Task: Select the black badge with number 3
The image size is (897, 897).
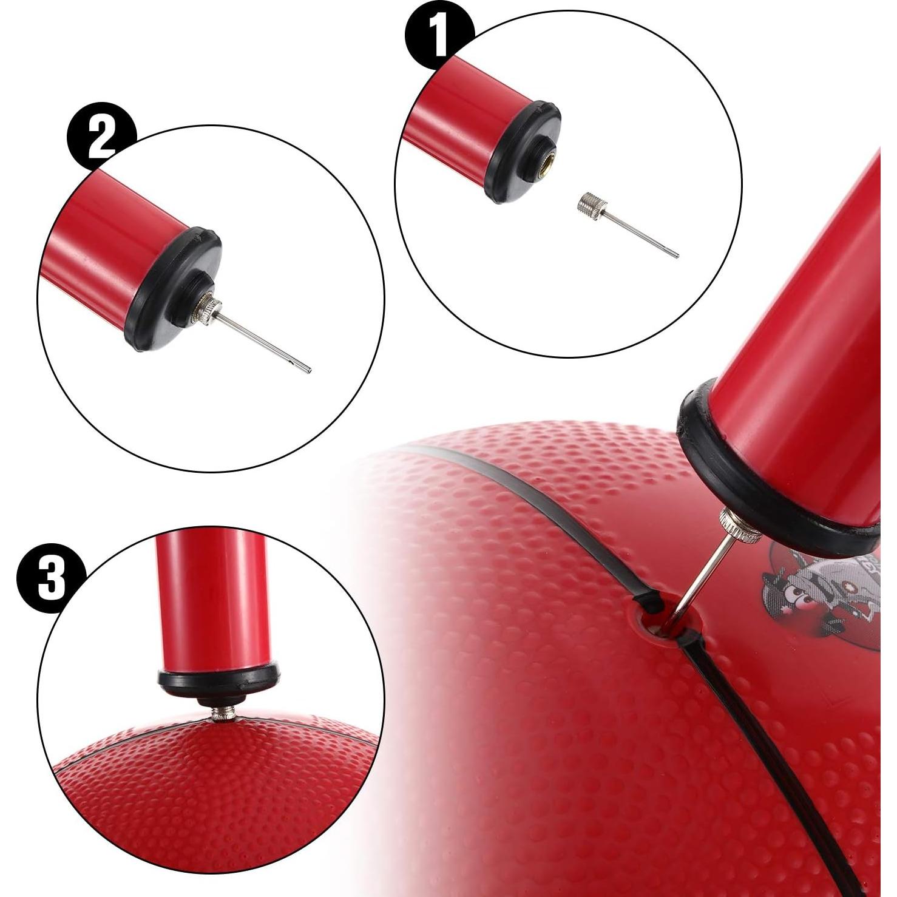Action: (x=51, y=577)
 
